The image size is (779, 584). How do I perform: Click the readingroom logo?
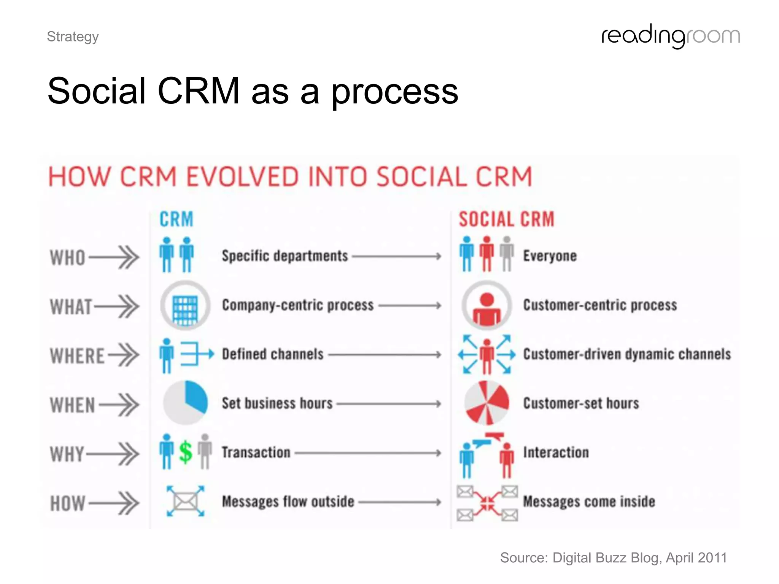tap(670, 36)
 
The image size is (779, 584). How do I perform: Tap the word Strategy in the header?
tap(73, 37)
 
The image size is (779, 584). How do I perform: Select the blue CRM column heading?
tap(176, 219)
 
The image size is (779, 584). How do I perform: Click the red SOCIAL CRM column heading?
tap(506, 219)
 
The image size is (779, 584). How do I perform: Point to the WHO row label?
tap(67, 257)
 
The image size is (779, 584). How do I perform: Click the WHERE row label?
tap(77, 356)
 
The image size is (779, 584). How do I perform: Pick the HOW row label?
tap(67, 503)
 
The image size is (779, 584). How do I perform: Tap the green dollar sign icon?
tap(186, 452)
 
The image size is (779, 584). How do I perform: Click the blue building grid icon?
tap(185, 310)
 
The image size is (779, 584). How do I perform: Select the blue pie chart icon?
tap(186, 403)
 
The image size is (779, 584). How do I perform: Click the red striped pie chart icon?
tap(486, 403)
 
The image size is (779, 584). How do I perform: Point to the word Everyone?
tap(550, 256)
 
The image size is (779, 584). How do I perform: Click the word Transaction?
tap(256, 452)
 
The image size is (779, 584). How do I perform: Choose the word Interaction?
tap(556, 452)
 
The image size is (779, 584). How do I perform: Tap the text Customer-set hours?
tap(581, 403)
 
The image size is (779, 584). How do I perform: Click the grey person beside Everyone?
tap(507, 254)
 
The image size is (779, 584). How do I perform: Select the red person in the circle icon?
tap(486, 309)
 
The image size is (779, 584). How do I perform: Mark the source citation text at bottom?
tap(613, 558)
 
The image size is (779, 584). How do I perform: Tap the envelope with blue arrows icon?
tap(185, 501)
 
